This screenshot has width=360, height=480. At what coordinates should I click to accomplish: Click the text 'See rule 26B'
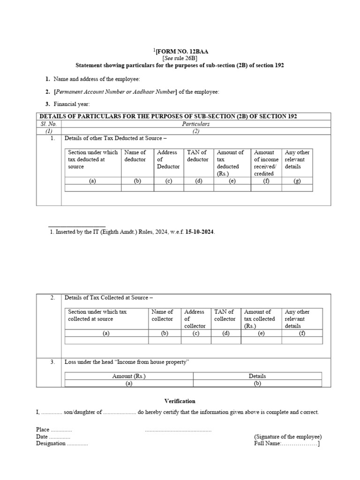coord(180,58)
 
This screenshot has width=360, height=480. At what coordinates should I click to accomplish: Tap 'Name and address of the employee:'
coord(97,79)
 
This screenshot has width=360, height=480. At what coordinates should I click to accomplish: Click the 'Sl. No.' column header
coord(49,124)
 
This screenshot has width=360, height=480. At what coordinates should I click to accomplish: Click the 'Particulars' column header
coord(196,124)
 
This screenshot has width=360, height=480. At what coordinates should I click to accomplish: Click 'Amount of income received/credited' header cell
coord(266,163)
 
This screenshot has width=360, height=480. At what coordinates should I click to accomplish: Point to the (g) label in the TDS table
coord(297,181)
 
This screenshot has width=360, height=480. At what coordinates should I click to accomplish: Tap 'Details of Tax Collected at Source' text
coord(108,298)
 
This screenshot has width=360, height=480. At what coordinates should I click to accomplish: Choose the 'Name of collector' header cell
coord(163,315)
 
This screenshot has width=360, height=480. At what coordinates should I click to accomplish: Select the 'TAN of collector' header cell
coord(225,315)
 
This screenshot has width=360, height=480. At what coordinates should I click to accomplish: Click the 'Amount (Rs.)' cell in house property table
coord(129,376)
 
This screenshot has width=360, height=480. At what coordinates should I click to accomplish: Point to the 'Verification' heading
coord(180,401)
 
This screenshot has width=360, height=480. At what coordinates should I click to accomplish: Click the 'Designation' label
coord(51,443)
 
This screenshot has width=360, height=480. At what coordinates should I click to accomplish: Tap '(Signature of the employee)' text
coord(287,436)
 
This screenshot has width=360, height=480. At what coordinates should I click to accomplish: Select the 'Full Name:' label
coord(267,443)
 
